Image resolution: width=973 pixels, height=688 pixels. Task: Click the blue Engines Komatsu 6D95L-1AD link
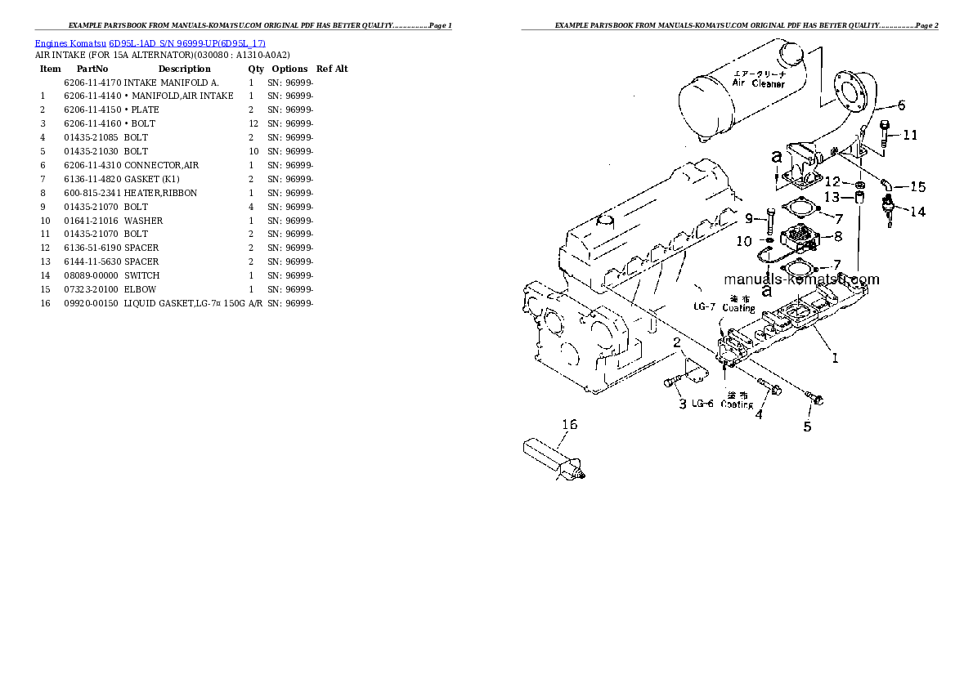pyautogui.click(x=150, y=42)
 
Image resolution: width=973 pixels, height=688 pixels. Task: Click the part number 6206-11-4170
pyautogui.click(x=92, y=83)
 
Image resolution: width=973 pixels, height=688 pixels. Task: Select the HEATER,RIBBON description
pyautogui.click(x=160, y=193)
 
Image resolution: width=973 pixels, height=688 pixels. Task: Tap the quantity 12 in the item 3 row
pyautogui.click(x=253, y=123)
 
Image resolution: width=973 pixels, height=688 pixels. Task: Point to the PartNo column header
pyautogui.click(x=92, y=69)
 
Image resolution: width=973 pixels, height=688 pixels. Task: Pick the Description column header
pyautogui.click(x=184, y=69)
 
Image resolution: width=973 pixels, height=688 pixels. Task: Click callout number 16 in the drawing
pyautogui.click(x=569, y=424)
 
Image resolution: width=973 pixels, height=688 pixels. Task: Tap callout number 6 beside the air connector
pyautogui.click(x=901, y=105)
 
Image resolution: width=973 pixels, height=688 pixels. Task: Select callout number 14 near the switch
pyautogui.click(x=917, y=212)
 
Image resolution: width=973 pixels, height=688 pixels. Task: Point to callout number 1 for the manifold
pyautogui.click(x=835, y=357)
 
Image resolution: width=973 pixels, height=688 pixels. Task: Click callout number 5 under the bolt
pyautogui.click(x=807, y=426)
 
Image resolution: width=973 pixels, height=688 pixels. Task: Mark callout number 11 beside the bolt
pyautogui.click(x=910, y=135)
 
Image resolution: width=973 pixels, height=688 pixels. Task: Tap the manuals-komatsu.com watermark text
pyautogui.click(x=801, y=279)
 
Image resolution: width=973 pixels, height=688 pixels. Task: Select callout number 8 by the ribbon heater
pyautogui.click(x=837, y=238)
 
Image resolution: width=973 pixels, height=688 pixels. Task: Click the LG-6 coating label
pyautogui.click(x=702, y=404)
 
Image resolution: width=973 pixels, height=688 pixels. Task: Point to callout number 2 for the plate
pyautogui.click(x=677, y=343)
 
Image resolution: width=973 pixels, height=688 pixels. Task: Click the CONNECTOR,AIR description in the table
pyautogui.click(x=161, y=165)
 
